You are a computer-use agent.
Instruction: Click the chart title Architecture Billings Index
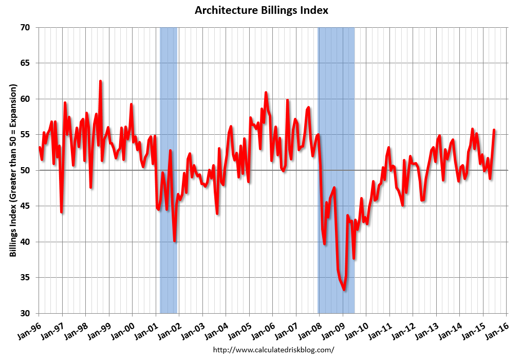tap(261, 10)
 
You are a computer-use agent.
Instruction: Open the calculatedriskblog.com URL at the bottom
tap(273, 350)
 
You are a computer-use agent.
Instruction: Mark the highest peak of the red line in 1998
tap(100, 81)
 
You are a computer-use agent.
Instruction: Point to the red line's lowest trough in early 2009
tap(344, 290)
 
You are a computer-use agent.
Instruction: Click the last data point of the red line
tap(494, 130)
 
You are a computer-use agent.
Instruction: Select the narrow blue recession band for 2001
tap(169, 170)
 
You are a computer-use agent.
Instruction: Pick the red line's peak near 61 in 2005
tap(266, 93)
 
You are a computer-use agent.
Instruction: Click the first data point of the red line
tap(40, 148)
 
